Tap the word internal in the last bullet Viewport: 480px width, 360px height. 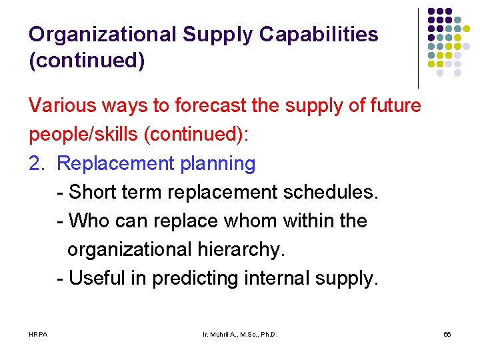coord(282,278)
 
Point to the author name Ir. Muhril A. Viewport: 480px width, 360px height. coord(221,333)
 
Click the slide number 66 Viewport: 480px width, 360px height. coord(447,333)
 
